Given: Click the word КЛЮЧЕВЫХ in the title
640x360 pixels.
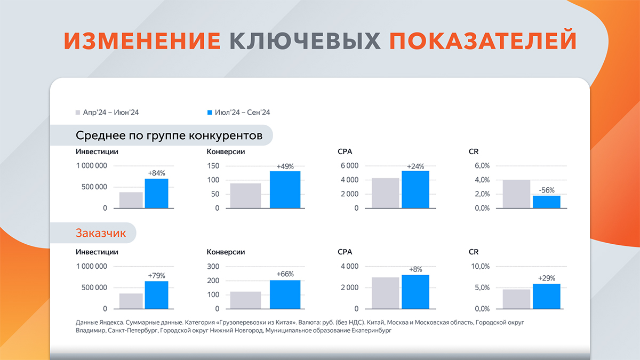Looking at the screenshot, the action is pyautogui.click(x=305, y=41).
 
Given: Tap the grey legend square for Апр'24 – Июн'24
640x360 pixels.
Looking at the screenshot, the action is pyautogui.click(x=78, y=113).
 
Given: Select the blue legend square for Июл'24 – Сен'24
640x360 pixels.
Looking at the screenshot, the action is pyautogui.click(x=210, y=113).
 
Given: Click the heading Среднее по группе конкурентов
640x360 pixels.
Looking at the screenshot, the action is pyautogui.click(x=169, y=135).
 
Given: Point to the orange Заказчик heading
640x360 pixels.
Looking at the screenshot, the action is pyautogui.click(x=101, y=233).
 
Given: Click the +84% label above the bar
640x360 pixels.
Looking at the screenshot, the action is pyautogui.click(x=157, y=173).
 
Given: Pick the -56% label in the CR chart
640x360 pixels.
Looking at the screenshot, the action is pyautogui.click(x=547, y=190).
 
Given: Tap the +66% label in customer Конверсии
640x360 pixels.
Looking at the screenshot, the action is pyautogui.click(x=285, y=274).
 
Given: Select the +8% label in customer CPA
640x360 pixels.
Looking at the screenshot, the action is pyautogui.click(x=415, y=269).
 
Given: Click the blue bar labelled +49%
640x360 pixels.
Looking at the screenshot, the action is pyautogui.click(x=285, y=190).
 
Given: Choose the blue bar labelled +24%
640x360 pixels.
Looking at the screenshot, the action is pyautogui.click(x=415, y=189).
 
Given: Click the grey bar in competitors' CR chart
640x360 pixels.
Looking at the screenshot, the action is pyautogui.click(x=516, y=194).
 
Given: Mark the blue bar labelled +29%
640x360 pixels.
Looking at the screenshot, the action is pyautogui.click(x=547, y=297).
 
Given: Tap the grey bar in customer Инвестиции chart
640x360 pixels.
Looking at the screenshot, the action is pyautogui.click(x=131, y=301).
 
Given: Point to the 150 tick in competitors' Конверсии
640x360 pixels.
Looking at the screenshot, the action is pyautogui.click(x=213, y=166).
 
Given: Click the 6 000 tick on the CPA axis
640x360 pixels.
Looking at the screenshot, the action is pyautogui.click(x=349, y=166).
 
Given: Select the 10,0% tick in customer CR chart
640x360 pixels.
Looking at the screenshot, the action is pyautogui.click(x=481, y=267).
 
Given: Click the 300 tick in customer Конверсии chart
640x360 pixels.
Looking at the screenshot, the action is pyautogui.click(x=213, y=267).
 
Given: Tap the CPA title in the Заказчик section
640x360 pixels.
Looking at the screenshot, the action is pyautogui.click(x=345, y=252).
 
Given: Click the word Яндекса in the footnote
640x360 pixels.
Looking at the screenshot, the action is pyautogui.click(x=111, y=323).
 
